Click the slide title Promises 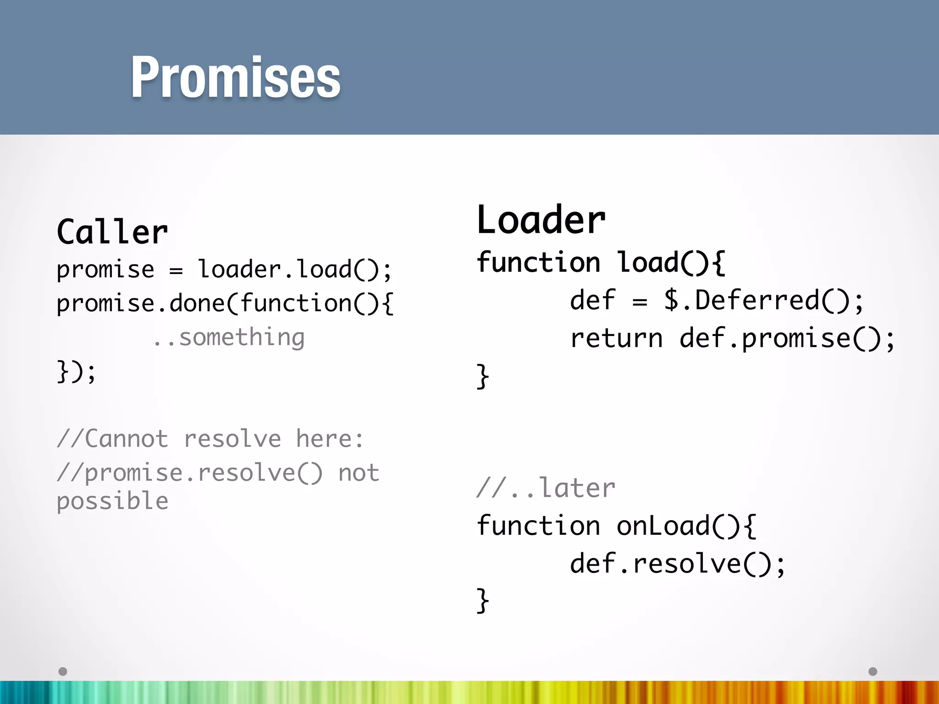tap(235, 77)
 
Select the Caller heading tap(112, 232)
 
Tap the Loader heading tap(541, 220)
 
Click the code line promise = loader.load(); tap(224, 269)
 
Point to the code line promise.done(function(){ tap(225, 303)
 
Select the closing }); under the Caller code tap(76, 371)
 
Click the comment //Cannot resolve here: tap(210, 439)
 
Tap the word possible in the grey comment tap(112, 501)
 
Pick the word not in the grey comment tap(359, 473)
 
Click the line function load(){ tap(601, 263)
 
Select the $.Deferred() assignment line tap(717, 301)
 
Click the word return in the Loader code tap(616, 339)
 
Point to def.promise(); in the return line tap(787, 339)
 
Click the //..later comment tap(546, 488)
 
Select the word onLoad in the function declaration tap(663, 526)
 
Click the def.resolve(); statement tap(678, 563)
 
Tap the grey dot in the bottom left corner tap(63, 671)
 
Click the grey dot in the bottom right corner tap(873, 671)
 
